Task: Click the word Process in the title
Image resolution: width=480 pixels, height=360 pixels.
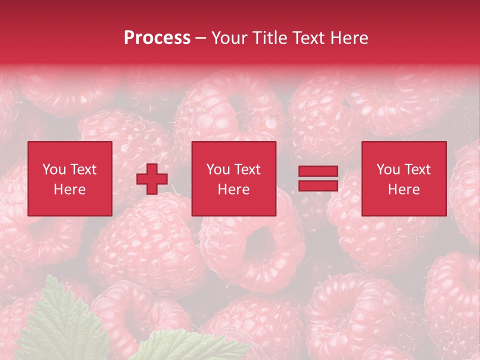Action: click(x=157, y=38)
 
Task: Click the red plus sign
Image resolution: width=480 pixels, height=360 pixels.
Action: click(x=152, y=179)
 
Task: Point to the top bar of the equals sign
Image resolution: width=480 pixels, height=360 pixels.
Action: click(x=318, y=172)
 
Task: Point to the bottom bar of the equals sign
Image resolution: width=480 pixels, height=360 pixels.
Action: click(x=318, y=185)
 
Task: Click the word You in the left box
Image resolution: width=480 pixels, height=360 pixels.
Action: click(x=53, y=169)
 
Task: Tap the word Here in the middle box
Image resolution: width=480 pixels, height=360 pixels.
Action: click(x=233, y=189)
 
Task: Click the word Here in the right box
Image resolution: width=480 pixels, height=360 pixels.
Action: click(x=403, y=189)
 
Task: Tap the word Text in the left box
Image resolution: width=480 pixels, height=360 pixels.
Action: click(x=83, y=169)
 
